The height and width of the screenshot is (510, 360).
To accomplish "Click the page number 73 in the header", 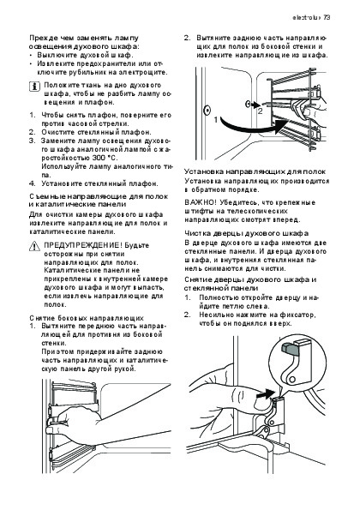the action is (x=327, y=17).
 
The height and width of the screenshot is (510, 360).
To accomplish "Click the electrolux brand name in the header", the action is (x=306, y=17).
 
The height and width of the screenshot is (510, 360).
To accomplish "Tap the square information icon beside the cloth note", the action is (x=33, y=87).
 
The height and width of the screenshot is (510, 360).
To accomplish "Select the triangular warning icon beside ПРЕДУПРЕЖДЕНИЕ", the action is (x=34, y=247).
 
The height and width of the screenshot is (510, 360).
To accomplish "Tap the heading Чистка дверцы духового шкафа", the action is (x=247, y=233).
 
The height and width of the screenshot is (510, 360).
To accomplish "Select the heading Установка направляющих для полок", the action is (x=255, y=171).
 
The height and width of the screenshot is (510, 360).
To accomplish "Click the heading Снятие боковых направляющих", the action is (x=87, y=318).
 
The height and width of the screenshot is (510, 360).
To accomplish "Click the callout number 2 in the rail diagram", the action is (x=260, y=111).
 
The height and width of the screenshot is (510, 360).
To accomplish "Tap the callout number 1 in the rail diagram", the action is (x=216, y=120).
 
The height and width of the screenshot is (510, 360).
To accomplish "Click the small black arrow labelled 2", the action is (x=256, y=105).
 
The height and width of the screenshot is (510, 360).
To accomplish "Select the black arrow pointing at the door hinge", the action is (x=264, y=394).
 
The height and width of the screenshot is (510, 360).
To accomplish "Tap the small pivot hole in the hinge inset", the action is (x=292, y=379).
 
